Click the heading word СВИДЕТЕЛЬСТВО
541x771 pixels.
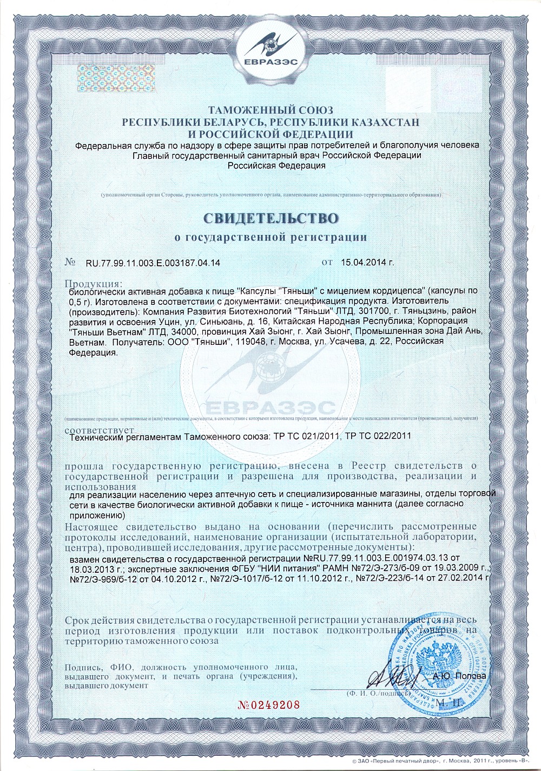(270, 218)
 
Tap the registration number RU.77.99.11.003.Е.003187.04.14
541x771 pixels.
(153, 263)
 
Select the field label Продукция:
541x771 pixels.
(94, 284)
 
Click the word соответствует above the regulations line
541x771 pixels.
(95, 430)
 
